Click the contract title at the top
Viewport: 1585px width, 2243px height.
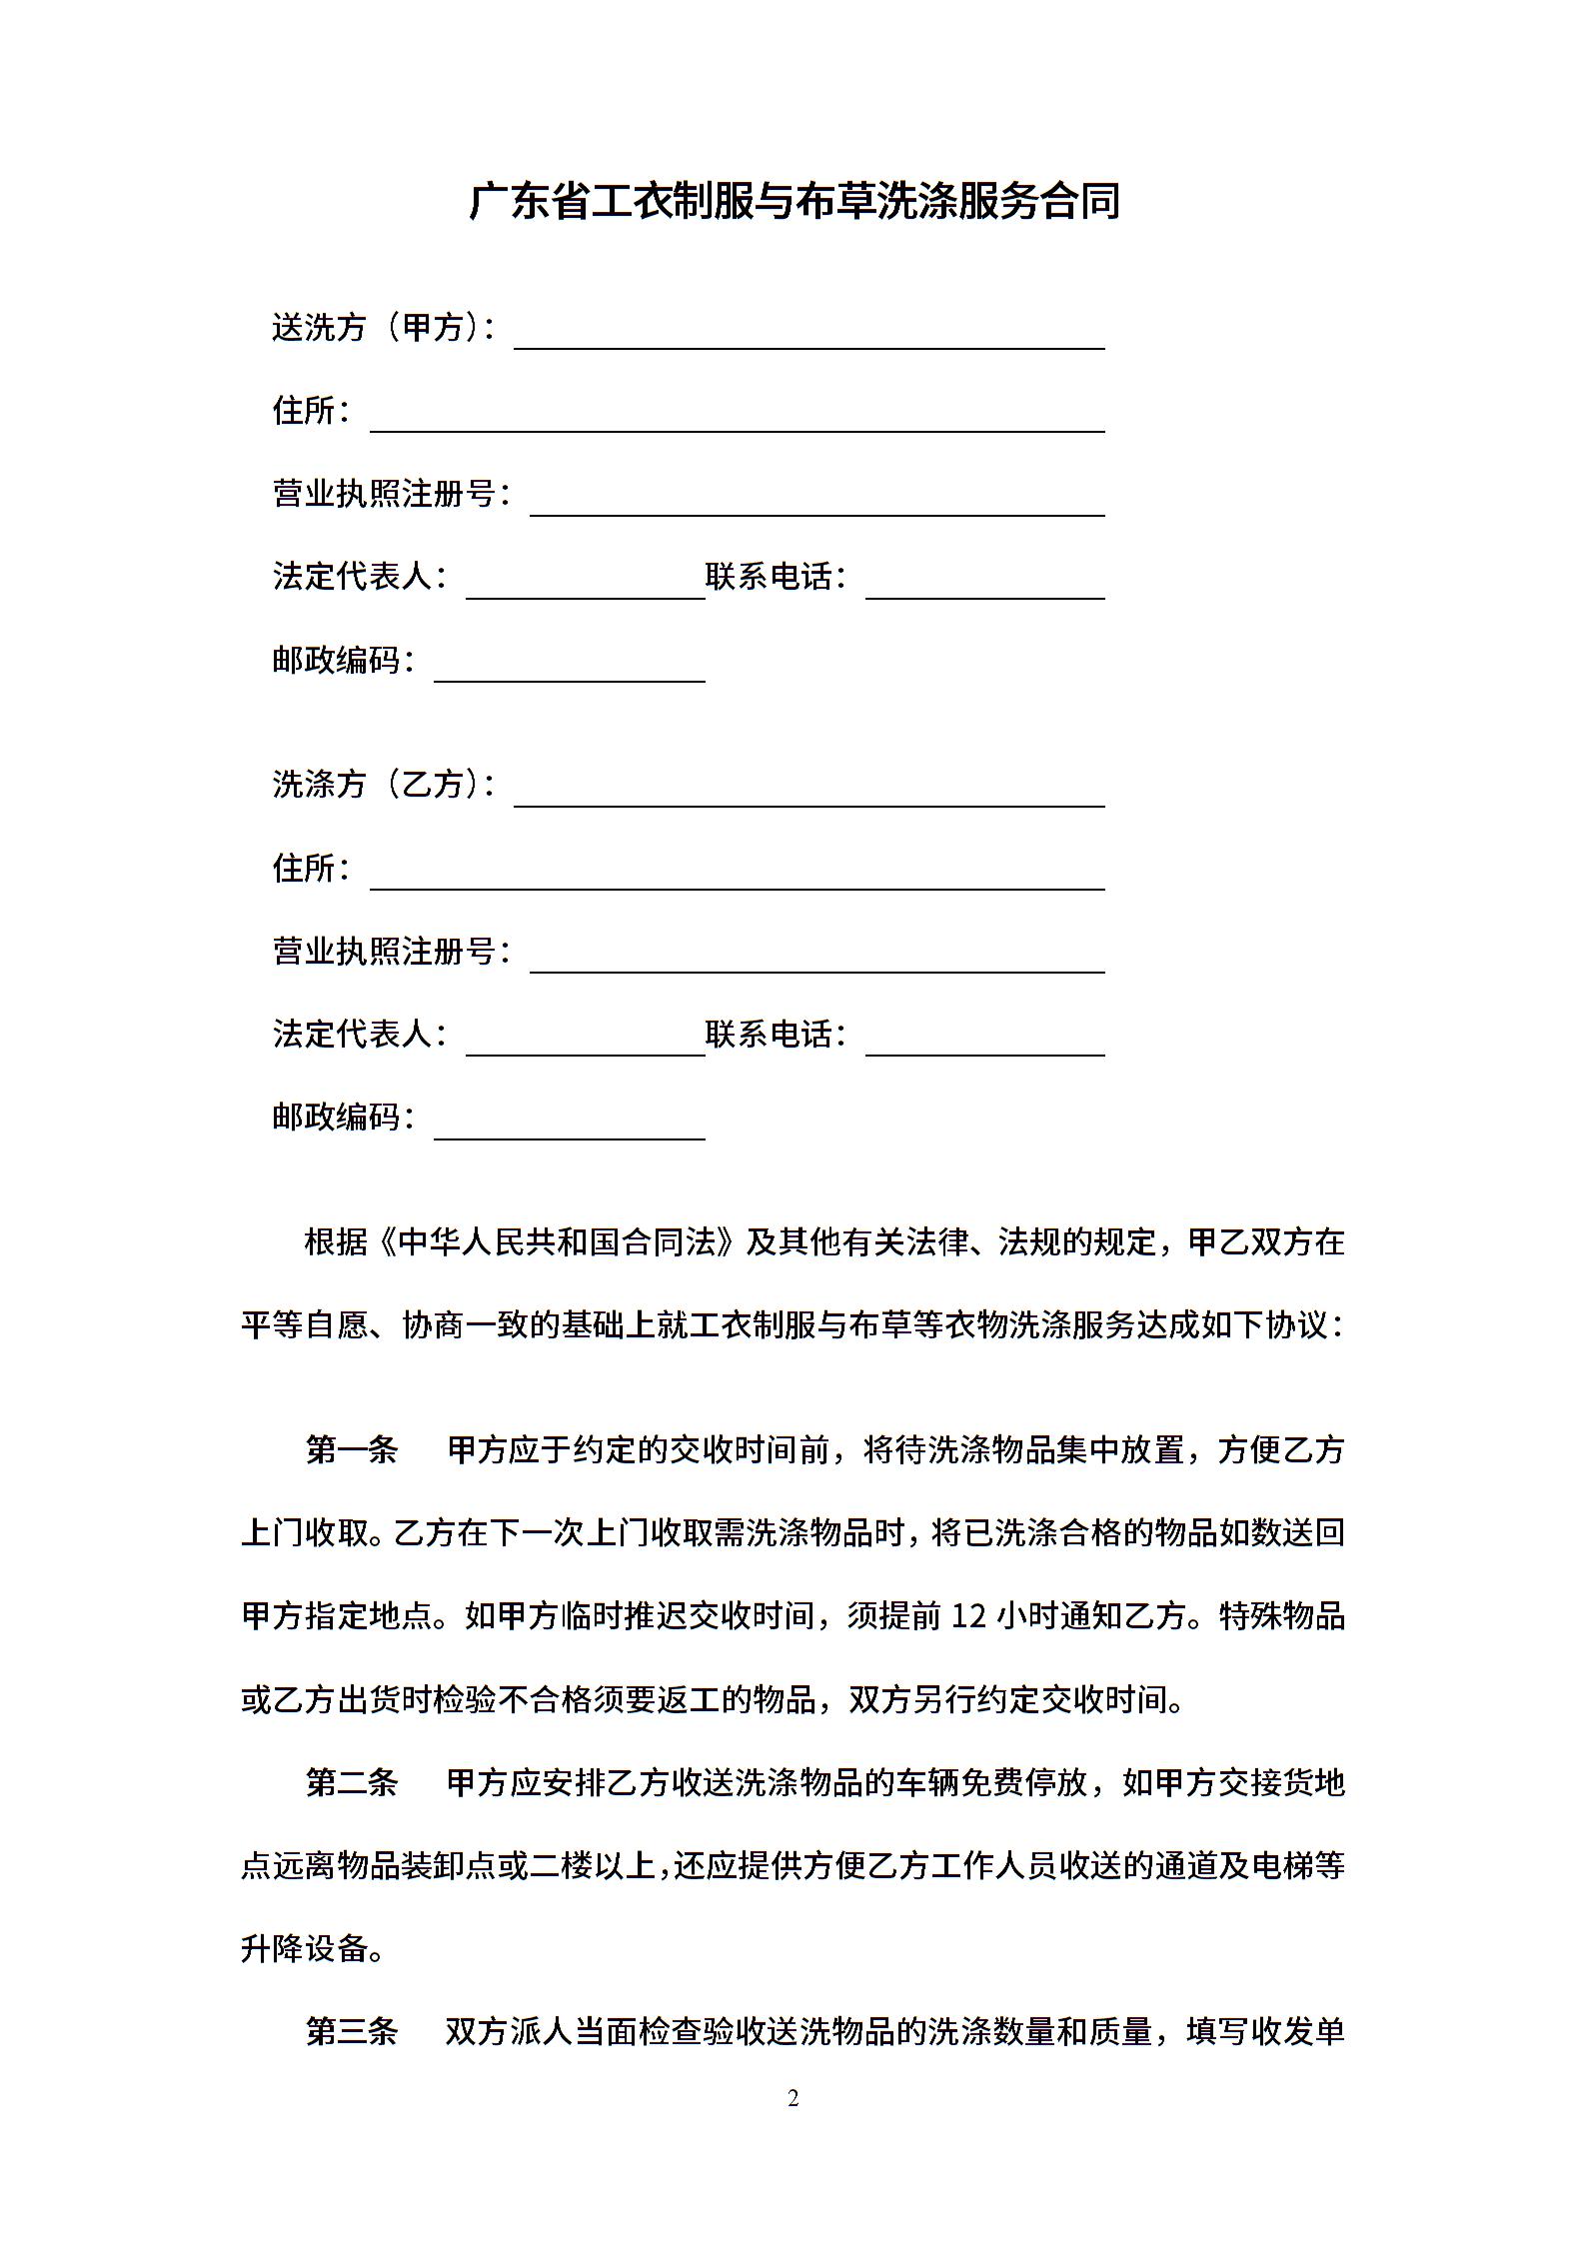click(793, 201)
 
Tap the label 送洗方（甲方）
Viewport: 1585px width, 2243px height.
click(383, 327)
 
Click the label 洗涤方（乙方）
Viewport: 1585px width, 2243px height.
click(383, 784)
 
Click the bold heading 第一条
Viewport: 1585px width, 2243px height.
click(352, 1449)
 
